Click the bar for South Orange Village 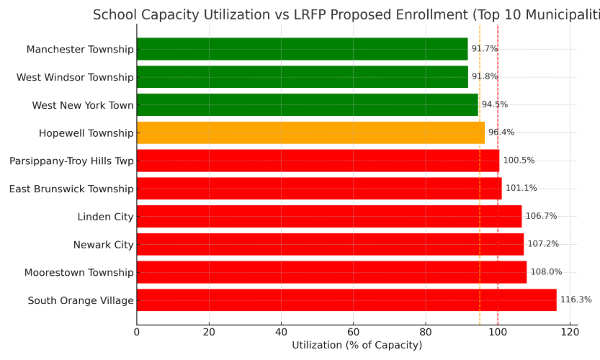346,300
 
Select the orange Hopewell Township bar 310,132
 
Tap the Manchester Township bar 302,49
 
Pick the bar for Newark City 330,244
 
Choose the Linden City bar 329,216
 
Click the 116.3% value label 576,300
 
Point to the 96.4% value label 501,132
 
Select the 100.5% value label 519,161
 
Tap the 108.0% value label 546,272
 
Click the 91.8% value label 485,77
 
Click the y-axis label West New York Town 83,105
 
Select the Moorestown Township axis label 79,273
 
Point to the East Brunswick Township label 71,189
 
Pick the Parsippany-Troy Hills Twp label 71,161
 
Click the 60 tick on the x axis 353,333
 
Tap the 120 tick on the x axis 570,333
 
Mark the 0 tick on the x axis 137,333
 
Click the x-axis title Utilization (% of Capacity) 357,346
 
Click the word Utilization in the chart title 242,15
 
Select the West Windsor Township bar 302,77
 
